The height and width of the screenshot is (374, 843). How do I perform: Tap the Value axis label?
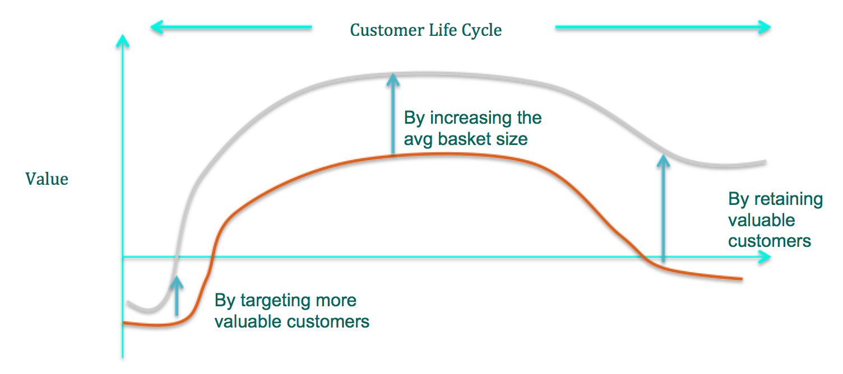(x=47, y=179)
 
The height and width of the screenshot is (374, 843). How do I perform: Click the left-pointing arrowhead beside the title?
(x=157, y=26)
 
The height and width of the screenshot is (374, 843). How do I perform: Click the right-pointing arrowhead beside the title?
(x=765, y=26)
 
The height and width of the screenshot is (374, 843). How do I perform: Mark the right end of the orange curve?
(x=741, y=278)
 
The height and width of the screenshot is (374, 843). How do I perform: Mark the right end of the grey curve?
(x=765, y=162)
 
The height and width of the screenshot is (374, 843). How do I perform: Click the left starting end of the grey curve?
(x=129, y=303)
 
